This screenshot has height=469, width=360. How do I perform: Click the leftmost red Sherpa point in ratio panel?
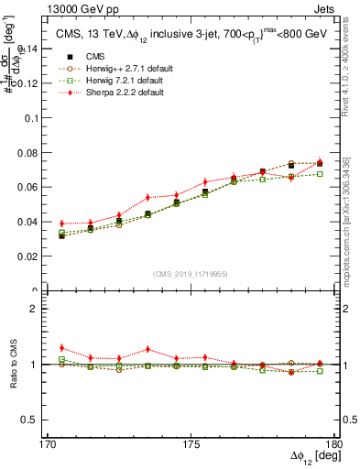61,348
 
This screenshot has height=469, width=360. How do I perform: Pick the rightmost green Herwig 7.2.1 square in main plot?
320,173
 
